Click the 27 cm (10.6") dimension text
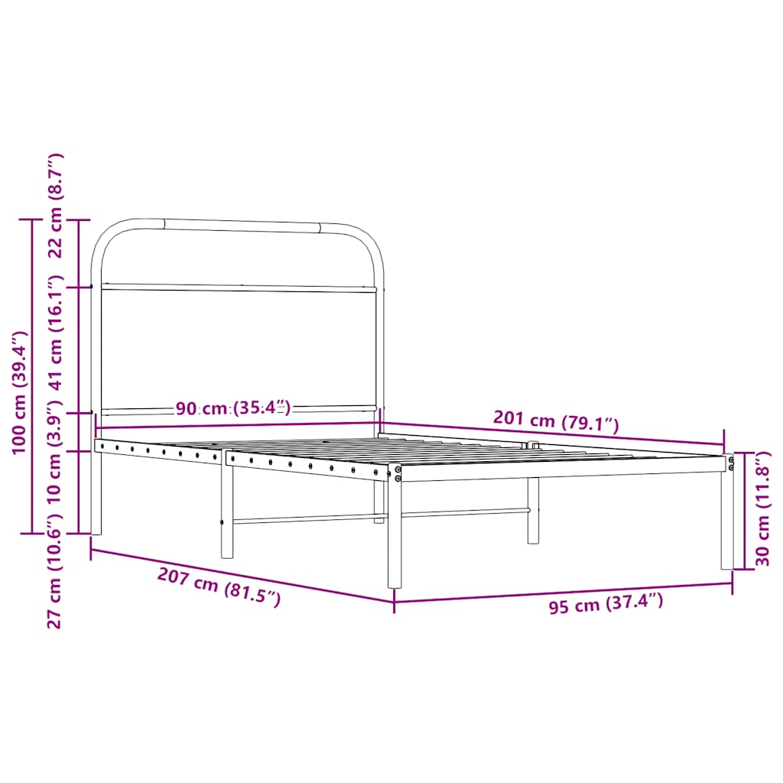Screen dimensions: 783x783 54,570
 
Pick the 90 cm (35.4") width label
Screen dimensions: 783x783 233,408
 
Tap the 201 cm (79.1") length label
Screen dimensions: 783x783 556,420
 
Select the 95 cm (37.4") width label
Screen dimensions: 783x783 606,605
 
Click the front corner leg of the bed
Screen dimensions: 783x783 395,535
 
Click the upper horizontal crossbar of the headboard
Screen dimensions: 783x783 239,288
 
